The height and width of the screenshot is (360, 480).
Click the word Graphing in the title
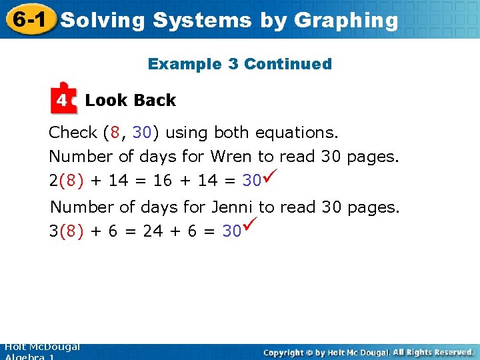(x=345, y=21)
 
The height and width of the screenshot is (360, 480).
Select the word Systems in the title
(x=202, y=21)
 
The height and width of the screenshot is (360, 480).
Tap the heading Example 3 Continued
(x=239, y=64)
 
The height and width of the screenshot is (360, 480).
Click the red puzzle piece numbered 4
(x=63, y=99)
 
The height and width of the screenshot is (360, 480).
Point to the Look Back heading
(x=131, y=101)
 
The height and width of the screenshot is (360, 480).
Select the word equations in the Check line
(x=301, y=133)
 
